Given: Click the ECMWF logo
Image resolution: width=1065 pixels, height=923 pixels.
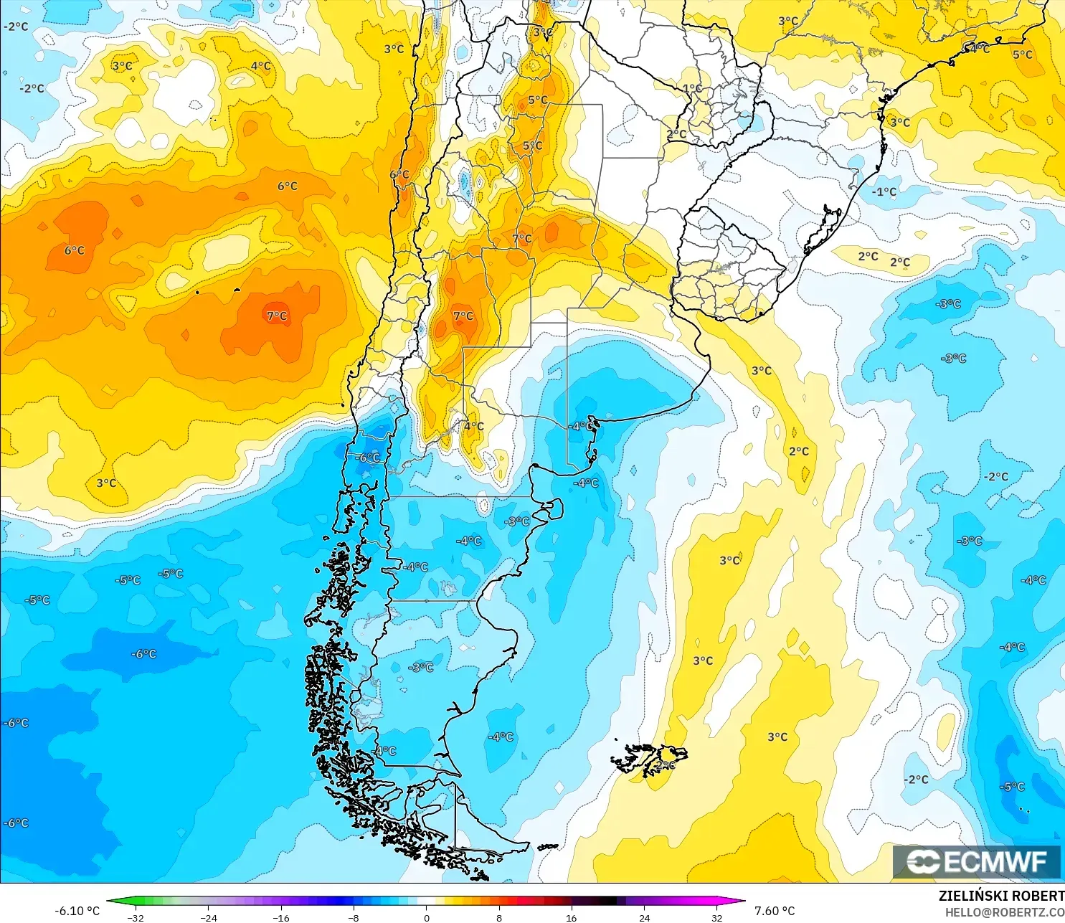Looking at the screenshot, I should (976, 861).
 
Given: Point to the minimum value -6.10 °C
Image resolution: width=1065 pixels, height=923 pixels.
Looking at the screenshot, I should (77, 911).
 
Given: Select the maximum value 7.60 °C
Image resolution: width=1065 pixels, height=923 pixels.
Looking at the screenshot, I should (775, 911).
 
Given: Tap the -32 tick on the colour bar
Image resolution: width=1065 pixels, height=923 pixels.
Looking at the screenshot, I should (136, 917).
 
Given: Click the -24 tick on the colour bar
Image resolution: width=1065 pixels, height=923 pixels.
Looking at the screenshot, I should (208, 917).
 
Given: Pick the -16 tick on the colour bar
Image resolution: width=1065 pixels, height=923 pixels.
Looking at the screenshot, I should (281, 917).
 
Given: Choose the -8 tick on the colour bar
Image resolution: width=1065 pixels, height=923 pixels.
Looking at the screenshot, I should (354, 917).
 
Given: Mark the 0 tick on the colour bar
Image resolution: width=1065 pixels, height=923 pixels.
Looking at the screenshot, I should (427, 917).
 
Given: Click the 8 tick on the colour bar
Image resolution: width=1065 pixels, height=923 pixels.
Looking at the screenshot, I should (499, 917).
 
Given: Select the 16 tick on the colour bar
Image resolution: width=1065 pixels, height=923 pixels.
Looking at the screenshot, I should (572, 917).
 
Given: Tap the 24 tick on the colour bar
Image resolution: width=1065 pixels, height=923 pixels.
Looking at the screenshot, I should (645, 917).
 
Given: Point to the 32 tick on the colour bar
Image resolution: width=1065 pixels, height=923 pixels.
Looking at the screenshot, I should (717, 917).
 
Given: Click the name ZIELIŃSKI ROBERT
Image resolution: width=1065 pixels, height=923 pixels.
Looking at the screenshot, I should (1001, 896).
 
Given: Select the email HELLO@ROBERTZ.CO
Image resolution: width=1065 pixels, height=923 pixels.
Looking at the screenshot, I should (1004, 912).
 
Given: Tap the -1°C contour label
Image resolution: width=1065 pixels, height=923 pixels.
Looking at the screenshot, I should (884, 192).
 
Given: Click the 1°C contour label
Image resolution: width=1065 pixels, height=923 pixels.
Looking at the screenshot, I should (692, 89).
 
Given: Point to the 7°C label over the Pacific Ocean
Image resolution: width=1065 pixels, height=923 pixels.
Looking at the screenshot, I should (277, 316).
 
